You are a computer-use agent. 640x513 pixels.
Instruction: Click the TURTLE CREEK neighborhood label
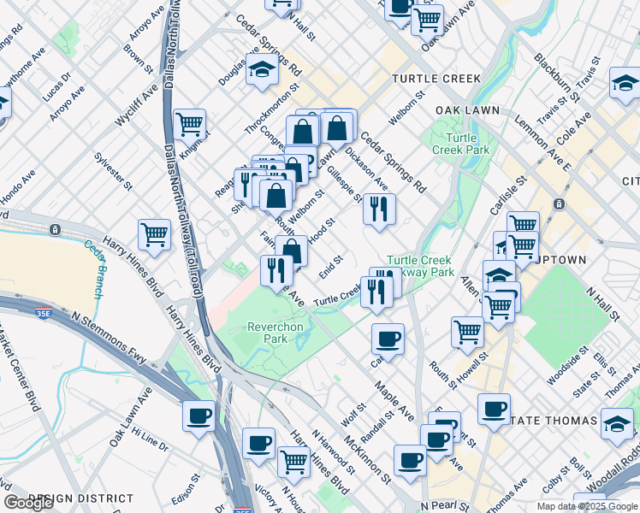(x=436, y=79)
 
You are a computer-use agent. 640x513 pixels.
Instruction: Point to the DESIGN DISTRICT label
(x=80, y=498)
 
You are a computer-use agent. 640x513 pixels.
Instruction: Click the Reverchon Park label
(x=275, y=333)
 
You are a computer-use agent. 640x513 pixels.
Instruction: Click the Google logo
(x=28, y=503)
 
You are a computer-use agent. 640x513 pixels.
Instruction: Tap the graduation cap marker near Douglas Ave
(x=262, y=72)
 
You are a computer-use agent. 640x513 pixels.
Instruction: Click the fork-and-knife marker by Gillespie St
(x=378, y=209)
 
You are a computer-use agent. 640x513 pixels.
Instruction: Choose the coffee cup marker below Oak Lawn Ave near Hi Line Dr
(x=199, y=416)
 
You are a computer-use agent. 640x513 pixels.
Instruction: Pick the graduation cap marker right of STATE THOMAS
(x=616, y=423)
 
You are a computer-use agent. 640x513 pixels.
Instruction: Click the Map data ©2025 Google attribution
(x=586, y=506)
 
